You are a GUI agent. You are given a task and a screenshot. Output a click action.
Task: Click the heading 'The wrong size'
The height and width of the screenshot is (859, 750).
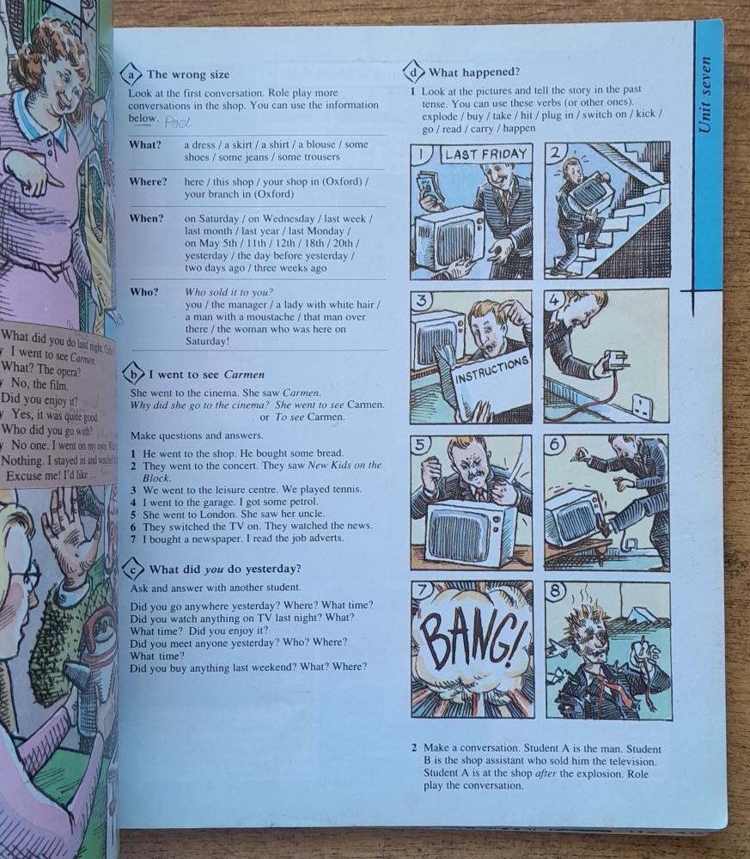pos(188,75)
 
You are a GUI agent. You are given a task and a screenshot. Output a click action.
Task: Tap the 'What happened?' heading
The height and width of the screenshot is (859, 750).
pos(473,72)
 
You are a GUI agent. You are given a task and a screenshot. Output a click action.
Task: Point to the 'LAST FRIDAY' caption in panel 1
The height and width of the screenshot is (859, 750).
pos(485,155)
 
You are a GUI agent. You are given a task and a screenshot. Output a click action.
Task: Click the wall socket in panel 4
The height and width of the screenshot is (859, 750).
pos(642,406)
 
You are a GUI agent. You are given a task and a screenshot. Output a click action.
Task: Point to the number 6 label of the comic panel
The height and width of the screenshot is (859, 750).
pos(555,445)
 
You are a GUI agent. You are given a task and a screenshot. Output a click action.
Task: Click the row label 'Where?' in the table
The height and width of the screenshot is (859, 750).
pos(148,182)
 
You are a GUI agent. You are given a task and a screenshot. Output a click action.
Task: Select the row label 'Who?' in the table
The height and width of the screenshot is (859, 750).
pos(143,292)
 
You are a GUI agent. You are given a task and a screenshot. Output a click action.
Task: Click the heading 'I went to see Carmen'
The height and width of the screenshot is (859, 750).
pos(206,375)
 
